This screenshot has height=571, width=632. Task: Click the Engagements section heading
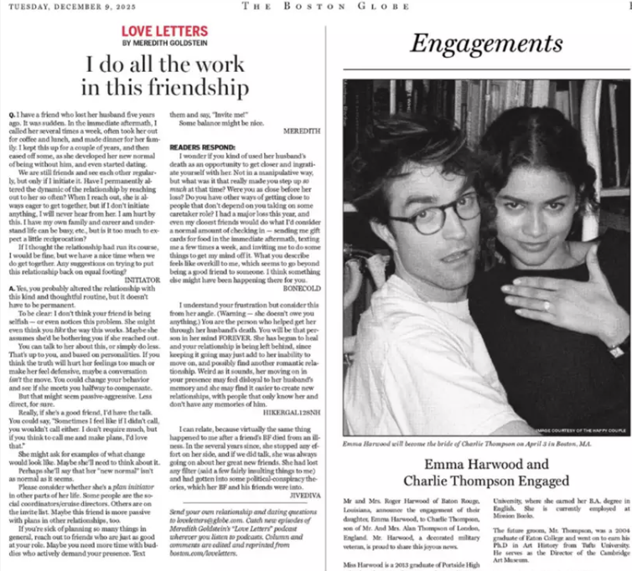point(475,44)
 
